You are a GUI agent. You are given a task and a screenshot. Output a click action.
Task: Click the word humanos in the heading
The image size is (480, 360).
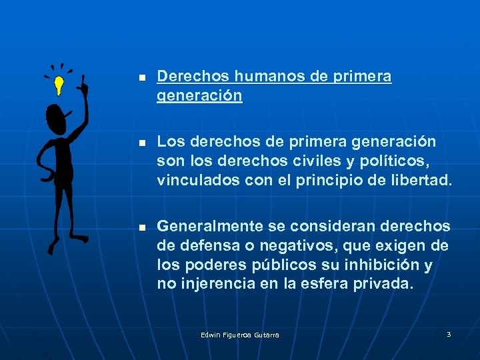pyautogui.click(x=265, y=77)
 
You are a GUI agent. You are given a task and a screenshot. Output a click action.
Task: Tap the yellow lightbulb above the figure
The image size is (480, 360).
pyautogui.click(x=59, y=85)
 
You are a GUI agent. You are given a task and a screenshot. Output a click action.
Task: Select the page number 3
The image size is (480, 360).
pyautogui.click(x=449, y=334)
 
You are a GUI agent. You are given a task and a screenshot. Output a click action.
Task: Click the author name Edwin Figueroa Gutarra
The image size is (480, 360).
pyautogui.click(x=240, y=335)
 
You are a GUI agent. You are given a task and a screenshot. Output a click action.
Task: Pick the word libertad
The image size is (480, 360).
pyautogui.click(x=423, y=180)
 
